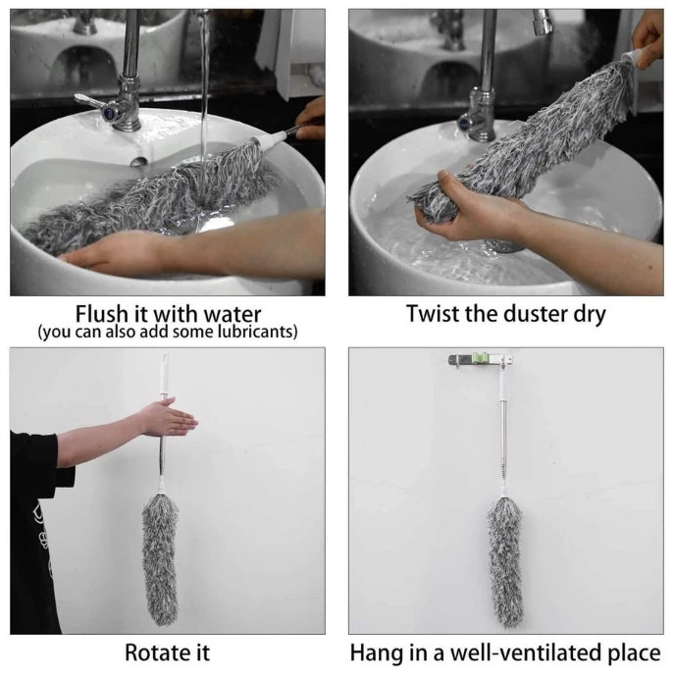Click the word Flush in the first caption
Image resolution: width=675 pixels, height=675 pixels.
[102, 314]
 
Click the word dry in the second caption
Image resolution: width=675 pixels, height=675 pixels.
[590, 315]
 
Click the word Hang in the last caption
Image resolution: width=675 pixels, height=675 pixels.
[374, 653]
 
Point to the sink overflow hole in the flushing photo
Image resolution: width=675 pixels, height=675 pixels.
[138, 162]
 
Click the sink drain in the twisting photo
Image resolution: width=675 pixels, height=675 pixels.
[503, 246]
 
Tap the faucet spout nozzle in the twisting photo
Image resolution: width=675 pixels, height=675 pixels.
[543, 23]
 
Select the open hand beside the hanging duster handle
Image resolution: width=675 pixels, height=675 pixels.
[168, 417]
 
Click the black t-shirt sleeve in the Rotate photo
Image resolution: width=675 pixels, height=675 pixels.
[36, 455]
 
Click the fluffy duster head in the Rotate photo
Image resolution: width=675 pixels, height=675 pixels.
[160, 559]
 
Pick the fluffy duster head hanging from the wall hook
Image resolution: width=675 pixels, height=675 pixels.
[505, 562]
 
